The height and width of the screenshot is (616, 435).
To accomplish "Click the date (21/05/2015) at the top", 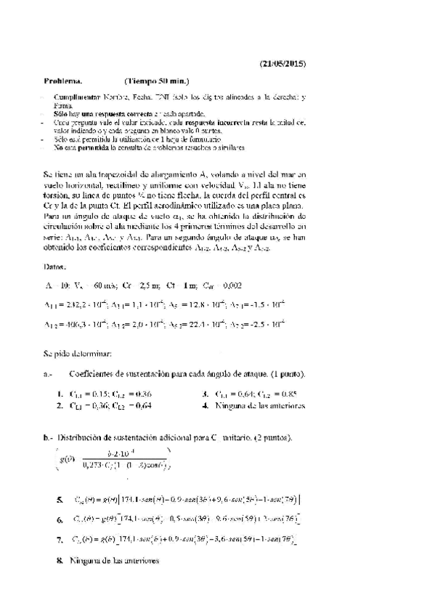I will [283, 64].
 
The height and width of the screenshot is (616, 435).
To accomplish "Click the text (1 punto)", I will [284, 373].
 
